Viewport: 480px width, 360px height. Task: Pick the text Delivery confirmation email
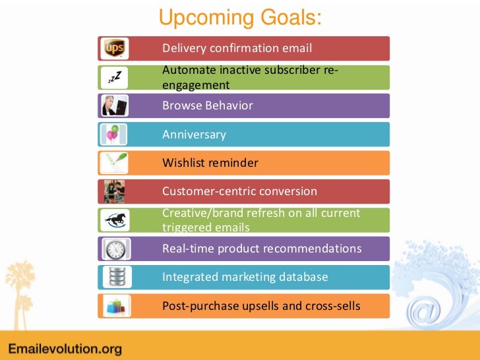237,48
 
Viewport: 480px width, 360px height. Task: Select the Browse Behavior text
208,105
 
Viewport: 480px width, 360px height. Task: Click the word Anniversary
194,135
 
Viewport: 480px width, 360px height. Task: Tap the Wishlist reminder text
210,163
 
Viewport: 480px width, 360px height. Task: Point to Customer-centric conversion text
239,191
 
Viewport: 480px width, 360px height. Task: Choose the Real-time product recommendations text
262,249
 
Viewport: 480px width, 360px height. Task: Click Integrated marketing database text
245,277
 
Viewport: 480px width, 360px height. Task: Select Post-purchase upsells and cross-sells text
261,306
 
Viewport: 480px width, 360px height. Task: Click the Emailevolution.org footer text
65,347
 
